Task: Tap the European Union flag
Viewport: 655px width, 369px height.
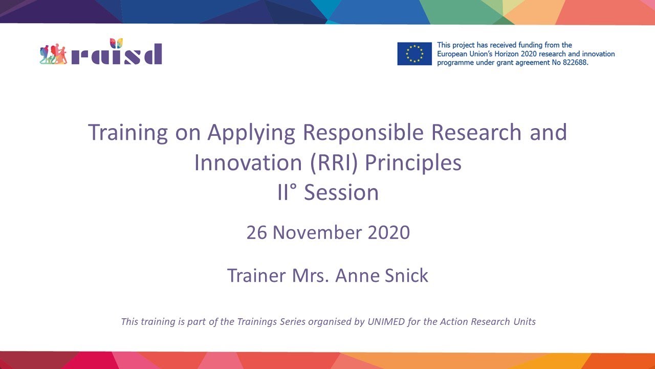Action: (414, 54)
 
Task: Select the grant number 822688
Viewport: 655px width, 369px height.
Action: (573, 62)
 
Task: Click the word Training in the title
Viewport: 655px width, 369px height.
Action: (128, 132)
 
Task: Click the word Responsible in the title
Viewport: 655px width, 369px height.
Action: (363, 132)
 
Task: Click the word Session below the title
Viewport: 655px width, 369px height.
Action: (341, 193)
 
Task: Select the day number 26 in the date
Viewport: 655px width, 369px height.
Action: (257, 232)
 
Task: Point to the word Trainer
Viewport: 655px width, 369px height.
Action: (256, 275)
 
